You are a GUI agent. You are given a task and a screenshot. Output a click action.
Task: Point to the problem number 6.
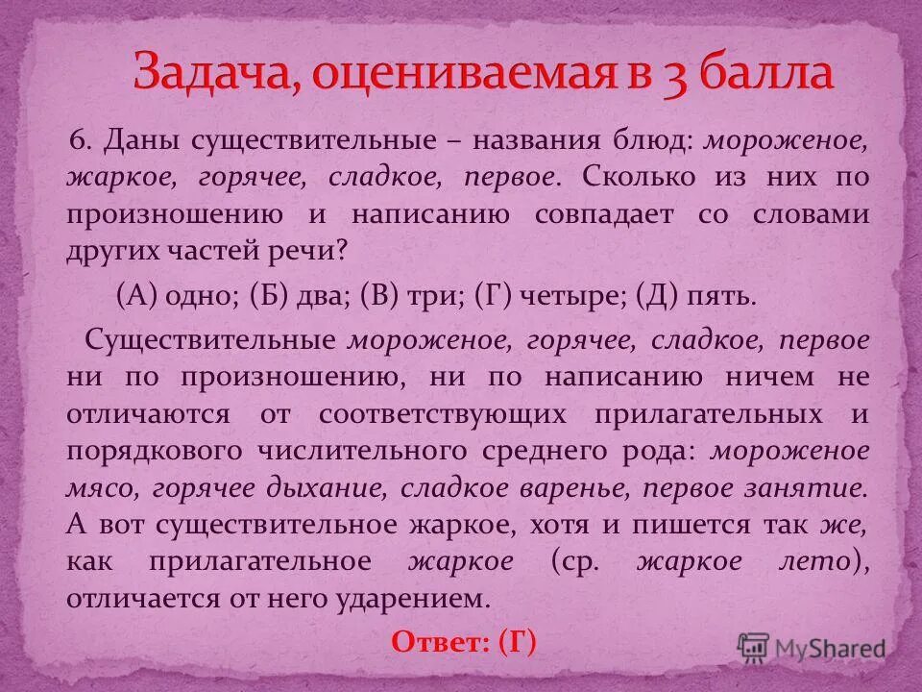[x=81, y=140]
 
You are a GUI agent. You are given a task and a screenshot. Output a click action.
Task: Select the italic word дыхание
[x=330, y=488]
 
